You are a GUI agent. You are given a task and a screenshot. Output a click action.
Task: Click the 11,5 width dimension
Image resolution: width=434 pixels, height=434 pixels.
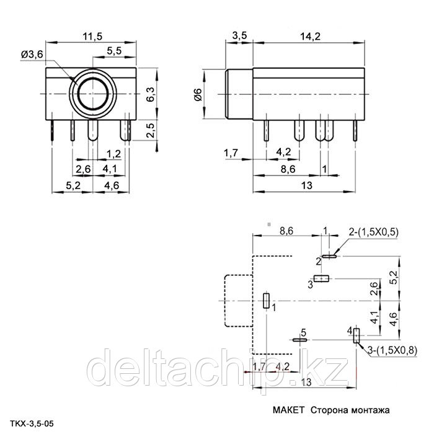click(x=92, y=36)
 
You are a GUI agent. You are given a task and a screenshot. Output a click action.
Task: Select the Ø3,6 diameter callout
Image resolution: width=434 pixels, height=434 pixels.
click(x=32, y=55)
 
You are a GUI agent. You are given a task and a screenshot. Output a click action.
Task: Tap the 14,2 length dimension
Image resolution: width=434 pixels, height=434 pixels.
click(x=311, y=36)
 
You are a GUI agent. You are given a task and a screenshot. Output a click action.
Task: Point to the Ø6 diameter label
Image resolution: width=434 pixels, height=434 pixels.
click(x=198, y=95)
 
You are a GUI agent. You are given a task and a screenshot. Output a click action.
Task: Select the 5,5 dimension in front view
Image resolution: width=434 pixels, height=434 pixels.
click(x=113, y=51)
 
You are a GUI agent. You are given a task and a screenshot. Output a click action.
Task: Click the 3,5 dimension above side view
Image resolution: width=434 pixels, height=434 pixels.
click(x=239, y=36)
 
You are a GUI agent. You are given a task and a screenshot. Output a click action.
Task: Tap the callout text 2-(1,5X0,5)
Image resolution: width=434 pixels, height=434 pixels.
click(x=373, y=232)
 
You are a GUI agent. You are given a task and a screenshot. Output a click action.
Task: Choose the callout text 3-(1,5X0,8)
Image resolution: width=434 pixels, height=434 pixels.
click(x=392, y=350)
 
